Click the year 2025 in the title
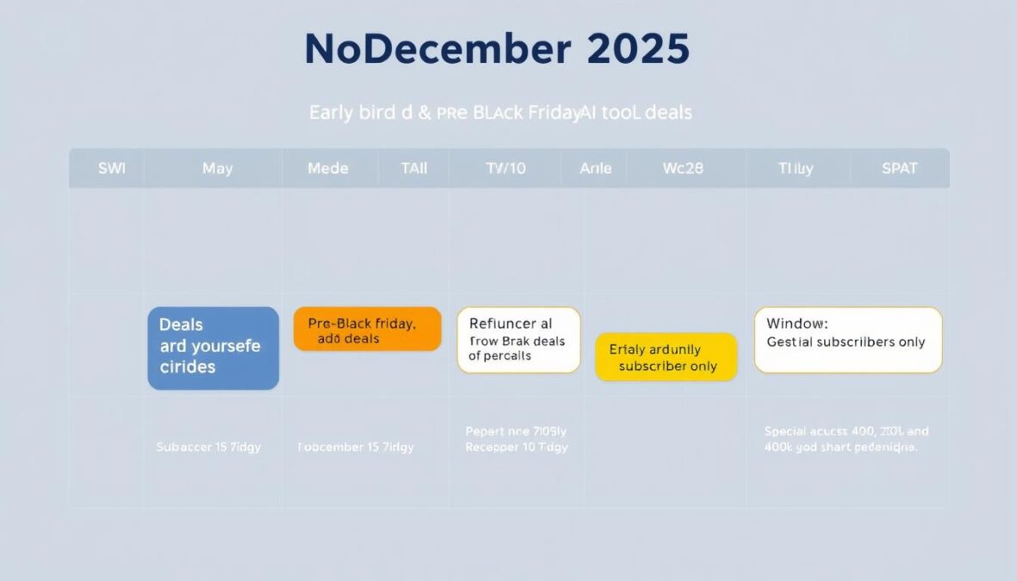point(638,50)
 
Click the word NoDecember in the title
point(437,50)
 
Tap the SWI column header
point(112,169)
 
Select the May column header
point(217,169)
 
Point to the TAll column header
point(413,169)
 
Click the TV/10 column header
point(505,169)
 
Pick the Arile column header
point(596,169)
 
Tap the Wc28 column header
point(683,169)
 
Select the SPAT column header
point(899,169)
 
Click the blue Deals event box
point(213,348)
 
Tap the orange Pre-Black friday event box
point(367,329)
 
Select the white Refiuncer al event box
point(518,340)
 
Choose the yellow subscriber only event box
point(667,357)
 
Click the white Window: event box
point(847,340)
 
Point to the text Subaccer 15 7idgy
point(208,448)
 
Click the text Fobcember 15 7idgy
point(356,448)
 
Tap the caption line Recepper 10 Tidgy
point(517,448)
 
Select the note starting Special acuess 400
point(846,439)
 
